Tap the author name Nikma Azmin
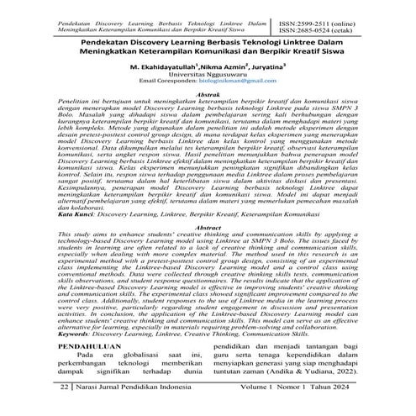[x=226, y=64]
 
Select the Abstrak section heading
[x=208, y=98]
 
